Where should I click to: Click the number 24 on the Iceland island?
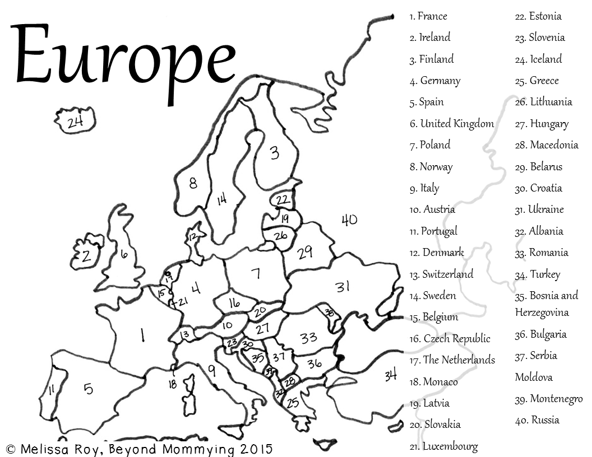[x=75, y=122]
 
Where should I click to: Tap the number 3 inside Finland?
[x=274, y=152]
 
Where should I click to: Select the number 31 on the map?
[x=343, y=287]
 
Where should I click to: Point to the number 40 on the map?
[x=349, y=220]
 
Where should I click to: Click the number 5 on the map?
[x=89, y=388]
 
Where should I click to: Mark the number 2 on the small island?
[x=86, y=257]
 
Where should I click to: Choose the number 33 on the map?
[x=308, y=338]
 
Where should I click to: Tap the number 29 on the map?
[x=305, y=253]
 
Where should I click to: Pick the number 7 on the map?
[x=256, y=273]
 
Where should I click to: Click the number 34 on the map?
[x=391, y=375]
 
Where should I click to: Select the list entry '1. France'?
[x=428, y=16]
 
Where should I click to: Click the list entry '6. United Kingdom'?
[x=452, y=124]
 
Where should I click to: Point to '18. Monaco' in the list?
[x=433, y=382]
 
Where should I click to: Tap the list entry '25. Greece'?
[x=536, y=81]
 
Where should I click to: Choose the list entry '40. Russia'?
[x=537, y=420]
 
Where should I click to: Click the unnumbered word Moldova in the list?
[x=534, y=377]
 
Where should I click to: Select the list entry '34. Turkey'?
[x=537, y=274]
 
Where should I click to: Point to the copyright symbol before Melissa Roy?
[x=11, y=449]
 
